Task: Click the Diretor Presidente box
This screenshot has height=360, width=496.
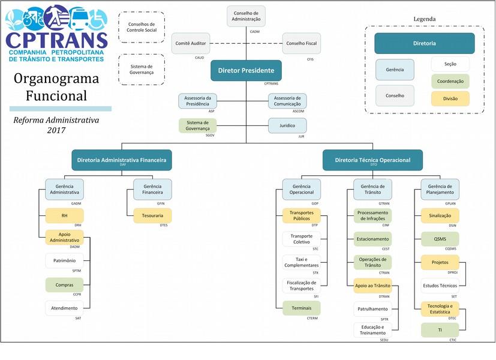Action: click(x=246, y=71)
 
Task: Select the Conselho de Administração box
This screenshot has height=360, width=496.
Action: click(x=247, y=16)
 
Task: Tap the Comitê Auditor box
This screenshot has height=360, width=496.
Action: click(x=191, y=43)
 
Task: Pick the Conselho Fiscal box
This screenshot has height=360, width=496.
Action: click(x=302, y=43)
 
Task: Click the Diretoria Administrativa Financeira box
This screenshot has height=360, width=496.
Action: click(x=121, y=160)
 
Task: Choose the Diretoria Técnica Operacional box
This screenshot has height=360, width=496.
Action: click(x=372, y=160)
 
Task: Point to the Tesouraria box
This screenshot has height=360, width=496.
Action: click(x=152, y=215)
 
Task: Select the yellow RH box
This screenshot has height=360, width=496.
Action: click(x=64, y=215)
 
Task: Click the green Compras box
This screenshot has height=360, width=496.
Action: click(x=64, y=285)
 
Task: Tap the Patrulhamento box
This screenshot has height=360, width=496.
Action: click(x=372, y=309)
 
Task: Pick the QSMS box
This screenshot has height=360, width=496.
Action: click(x=440, y=239)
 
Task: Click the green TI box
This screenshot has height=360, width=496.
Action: click(x=440, y=330)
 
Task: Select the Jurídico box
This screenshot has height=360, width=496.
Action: click(x=287, y=126)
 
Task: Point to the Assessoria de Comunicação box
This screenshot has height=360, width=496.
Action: click(x=287, y=101)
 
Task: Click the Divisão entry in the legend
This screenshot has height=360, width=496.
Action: click(x=450, y=99)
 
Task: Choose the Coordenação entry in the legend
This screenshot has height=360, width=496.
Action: click(x=450, y=82)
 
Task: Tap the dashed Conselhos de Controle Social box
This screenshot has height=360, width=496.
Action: click(x=142, y=27)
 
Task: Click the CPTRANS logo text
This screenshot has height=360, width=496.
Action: click(x=56, y=40)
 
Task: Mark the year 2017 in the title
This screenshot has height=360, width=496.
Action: click(x=56, y=130)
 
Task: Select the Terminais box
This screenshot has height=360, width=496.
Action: click(x=301, y=308)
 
